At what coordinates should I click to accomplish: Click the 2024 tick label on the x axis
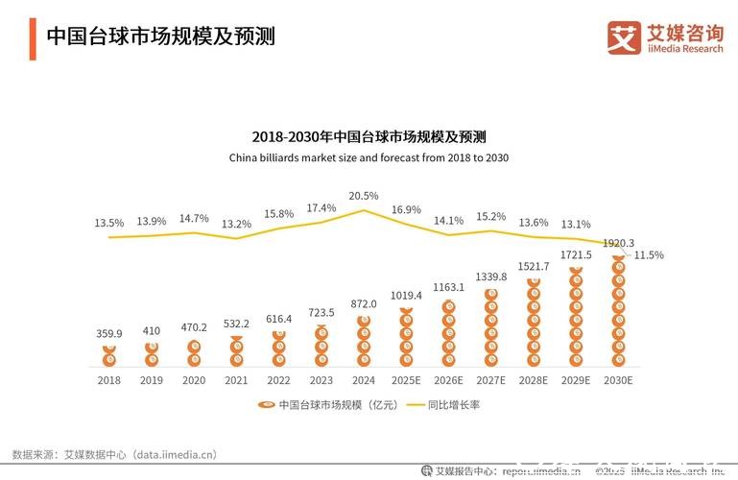[x=364, y=380]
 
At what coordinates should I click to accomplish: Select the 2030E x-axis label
[x=617, y=380]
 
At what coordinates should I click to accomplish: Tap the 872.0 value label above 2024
[x=364, y=303]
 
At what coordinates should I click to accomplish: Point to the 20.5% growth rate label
[x=364, y=196]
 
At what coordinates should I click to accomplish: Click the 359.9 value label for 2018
[x=109, y=334]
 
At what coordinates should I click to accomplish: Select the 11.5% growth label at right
[x=649, y=255]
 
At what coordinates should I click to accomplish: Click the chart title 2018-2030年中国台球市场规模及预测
[x=369, y=136]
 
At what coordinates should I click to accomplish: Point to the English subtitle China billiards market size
[x=369, y=157]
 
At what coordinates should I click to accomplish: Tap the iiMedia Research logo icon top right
[x=624, y=37]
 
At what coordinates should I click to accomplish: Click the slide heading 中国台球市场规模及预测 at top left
[x=160, y=37]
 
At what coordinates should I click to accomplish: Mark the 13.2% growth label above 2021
[x=237, y=225]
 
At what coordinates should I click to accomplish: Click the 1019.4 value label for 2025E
[x=406, y=296]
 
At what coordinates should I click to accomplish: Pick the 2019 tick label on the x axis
[x=152, y=380]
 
